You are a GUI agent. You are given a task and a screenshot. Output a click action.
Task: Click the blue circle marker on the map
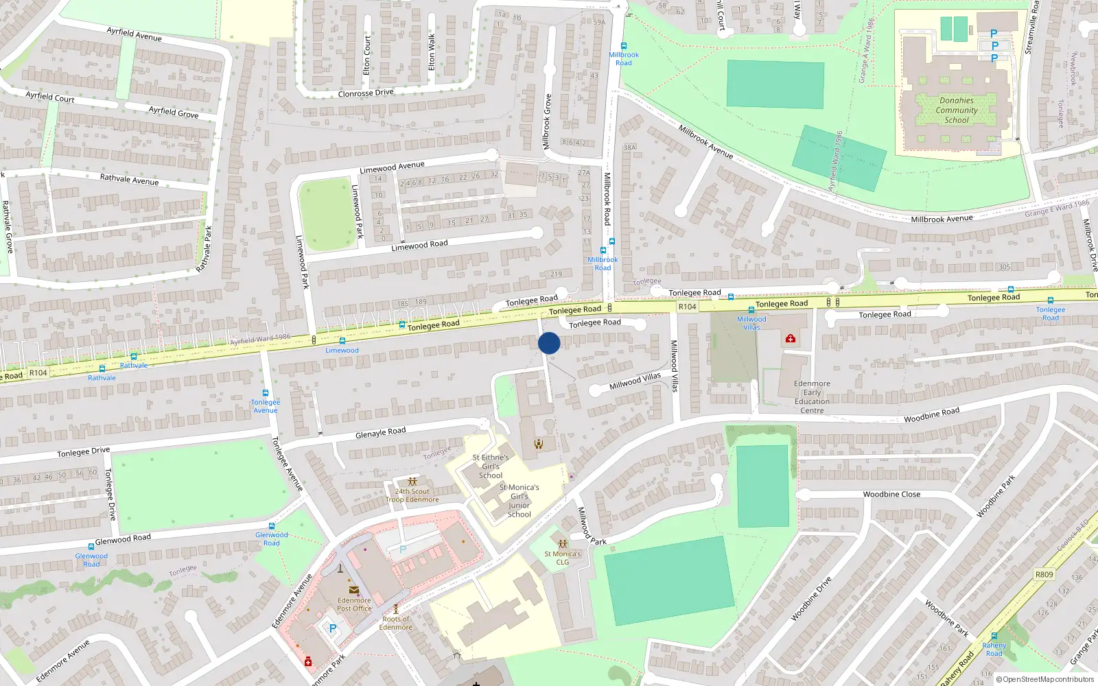pos(549,343)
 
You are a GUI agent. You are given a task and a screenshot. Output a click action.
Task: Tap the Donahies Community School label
pos(957,110)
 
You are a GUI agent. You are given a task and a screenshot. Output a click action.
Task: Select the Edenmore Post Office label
pos(354,604)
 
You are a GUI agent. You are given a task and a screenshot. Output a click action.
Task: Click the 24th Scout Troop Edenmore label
pos(412,495)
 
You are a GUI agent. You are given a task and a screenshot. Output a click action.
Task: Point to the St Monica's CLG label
pos(563,558)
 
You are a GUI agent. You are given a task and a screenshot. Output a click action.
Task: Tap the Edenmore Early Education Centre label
pos(812,397)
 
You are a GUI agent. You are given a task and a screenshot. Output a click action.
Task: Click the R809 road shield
pos(1044,574)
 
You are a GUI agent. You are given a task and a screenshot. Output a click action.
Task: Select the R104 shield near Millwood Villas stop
pos(687,307)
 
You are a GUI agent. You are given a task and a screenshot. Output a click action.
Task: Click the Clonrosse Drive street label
pos(366,93)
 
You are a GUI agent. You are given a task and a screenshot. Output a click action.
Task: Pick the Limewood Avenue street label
pos(392,167)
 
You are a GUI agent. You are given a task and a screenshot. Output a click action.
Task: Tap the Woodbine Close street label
pos(891,494)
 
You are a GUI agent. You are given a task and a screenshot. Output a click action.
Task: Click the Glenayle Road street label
pos(380,432)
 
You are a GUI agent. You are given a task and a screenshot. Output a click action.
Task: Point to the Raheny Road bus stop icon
pos(994,636)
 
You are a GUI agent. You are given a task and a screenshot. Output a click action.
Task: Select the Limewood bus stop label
pos(342,351)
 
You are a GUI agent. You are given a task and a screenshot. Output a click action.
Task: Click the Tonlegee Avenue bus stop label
pos(266,406)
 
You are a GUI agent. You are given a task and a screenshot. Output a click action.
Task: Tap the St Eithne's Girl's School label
pos(491,466)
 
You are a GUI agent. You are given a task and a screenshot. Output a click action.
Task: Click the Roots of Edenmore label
pos(396,623)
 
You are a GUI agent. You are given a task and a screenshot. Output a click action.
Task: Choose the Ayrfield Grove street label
pos(174,111)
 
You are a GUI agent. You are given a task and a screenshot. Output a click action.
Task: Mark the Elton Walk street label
pos(432,52)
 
